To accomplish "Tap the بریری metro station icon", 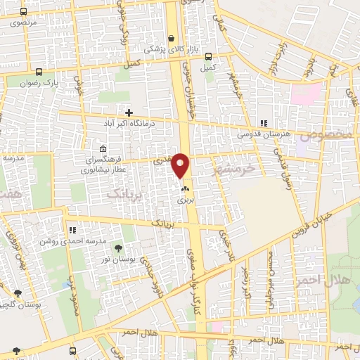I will (186, 188).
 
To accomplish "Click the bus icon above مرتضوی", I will (23, 12).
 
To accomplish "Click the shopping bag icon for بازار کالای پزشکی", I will (172, 39).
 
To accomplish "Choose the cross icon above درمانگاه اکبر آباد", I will (129, 112).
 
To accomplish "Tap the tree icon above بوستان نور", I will (117, 248).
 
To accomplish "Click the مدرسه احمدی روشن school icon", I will (72, 229).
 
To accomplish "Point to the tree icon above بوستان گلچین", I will (17, 293).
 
